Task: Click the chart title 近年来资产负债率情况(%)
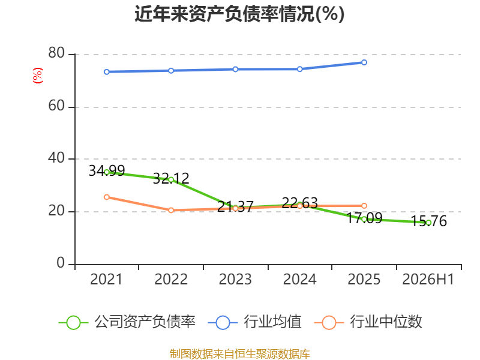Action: tap(239, 14)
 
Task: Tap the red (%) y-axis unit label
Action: tap(38, 76)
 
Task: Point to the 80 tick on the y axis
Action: tap(56, 53)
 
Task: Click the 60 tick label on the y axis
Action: tap(56, 106)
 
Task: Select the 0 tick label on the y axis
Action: tap(61, 263)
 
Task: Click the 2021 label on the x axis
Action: tap(106, 279)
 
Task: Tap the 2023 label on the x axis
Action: tap(235, 279)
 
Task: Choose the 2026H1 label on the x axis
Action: tap(428, 279)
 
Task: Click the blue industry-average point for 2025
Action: tap(364, 62)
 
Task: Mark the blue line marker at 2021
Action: tap(107, 72)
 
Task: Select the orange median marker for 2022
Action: tap(171, 211)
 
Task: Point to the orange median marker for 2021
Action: tap(107, 197)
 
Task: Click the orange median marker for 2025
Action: tap(364, 206)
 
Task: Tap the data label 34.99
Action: tap(107, 171)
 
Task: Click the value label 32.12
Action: tap(171, 178)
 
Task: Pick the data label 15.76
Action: tap(428, 221)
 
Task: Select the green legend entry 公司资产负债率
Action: tap(127, 322)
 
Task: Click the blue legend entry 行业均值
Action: tap(254, 322)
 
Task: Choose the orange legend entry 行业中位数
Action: tap(368, 322)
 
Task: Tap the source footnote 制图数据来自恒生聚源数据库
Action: tap(239, 354)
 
